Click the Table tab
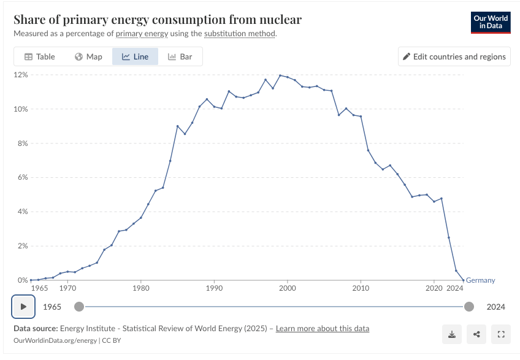[40, 56]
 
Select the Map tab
[88, 56]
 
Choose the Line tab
[135, 56]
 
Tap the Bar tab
[180, 56]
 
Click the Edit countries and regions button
[454, 56]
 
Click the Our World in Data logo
[491, 22]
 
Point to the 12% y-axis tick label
[21, 75]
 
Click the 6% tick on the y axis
[23, 178]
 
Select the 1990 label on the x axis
[214, 288]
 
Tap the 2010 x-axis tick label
[361, 288]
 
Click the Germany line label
[480, 280]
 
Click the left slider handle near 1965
[79, 307]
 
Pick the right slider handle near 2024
[469, 307]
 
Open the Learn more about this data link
[323, 329]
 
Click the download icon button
[452, 334]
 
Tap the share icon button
[476, 334]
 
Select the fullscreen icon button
[501, 334]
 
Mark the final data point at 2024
[463, 280]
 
